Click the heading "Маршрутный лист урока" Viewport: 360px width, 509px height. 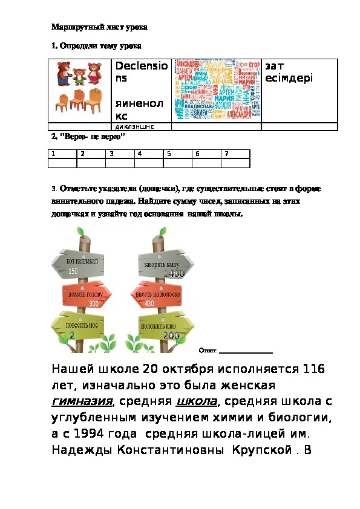[100, 27]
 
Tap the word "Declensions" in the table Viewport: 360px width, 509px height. [142, 72]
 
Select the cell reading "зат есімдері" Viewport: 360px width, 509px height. [284, 72]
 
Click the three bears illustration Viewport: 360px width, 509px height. [77, 73]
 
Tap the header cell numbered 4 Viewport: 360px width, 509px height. [149, 154]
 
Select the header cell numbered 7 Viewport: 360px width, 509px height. [235, 154]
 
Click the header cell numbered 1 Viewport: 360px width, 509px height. [62, 154]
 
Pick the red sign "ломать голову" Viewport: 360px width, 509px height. [85, 295]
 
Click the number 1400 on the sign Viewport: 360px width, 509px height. [174, 274]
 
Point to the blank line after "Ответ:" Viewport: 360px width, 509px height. [246, 350]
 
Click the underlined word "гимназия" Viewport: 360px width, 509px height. [83, 401]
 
